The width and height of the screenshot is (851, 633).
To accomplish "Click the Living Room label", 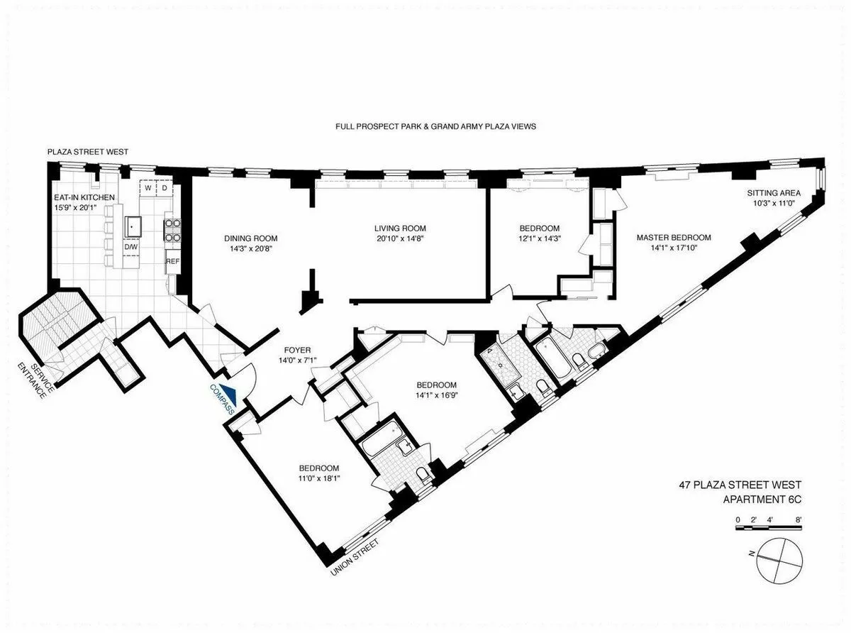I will point(401,228).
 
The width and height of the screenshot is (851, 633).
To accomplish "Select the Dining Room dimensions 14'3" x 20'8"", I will point(251,249).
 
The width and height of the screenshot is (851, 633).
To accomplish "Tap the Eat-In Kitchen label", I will point(84,197).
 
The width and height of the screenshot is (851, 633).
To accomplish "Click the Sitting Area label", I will point(774,193).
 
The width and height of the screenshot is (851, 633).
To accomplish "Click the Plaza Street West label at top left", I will point(87,152).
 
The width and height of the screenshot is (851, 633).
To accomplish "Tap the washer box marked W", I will point(148,188).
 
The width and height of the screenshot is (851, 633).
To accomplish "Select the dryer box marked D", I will point(165,188).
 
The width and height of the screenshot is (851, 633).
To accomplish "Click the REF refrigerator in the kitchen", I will point(172,261).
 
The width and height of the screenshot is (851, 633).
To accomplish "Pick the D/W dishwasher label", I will point(130,246).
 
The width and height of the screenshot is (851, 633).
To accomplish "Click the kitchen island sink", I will point(134,226).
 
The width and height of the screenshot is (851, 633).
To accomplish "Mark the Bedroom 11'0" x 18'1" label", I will point(318,473).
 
